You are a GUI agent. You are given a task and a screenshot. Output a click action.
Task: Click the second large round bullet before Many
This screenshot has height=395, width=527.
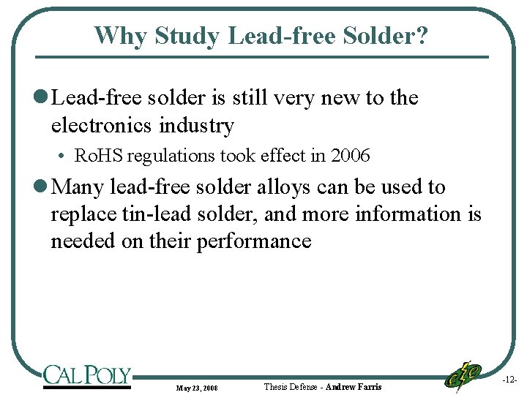point(41,188)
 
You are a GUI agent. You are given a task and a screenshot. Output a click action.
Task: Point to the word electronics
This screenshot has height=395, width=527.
point(98,126)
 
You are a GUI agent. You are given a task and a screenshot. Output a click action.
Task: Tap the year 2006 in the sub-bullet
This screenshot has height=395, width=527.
point(350,156)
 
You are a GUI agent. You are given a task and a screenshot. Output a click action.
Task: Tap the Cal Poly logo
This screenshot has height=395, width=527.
point(86,376)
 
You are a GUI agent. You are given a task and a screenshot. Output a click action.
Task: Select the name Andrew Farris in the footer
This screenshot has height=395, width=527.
point(354,386)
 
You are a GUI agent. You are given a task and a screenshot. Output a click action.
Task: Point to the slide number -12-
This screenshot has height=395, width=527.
point(509,380)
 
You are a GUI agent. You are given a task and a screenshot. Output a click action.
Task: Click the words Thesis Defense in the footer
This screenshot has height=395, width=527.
point(290,386)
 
